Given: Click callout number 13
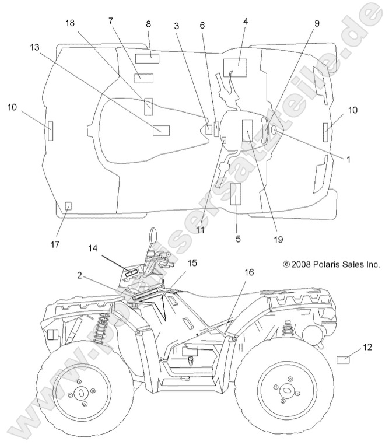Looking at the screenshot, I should [34, 47].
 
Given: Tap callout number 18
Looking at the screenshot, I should [70, 23].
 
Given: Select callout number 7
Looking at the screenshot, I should [110, 21].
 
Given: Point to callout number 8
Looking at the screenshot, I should [148, 24].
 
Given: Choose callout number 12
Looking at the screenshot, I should [367, 347].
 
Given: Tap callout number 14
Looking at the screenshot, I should [94, 248].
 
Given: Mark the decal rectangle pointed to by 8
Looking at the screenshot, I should [148, 57].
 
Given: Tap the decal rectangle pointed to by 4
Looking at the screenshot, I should [235, 68].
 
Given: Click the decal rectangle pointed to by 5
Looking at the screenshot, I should [236, 194].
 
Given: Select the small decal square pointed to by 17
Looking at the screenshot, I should [68, 205].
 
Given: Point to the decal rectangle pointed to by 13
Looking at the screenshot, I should [160, 129].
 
